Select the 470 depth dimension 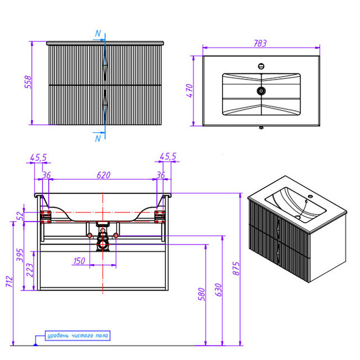[x=190, y=90]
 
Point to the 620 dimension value [x=103, y=175]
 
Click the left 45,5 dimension [x=38, y=156]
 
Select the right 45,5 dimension [x=168, y=156]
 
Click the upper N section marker [x=98, y=34]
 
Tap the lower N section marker [x=98, y=137]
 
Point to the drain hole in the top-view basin [x=260, y=91]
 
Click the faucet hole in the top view [x=261, y=65]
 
